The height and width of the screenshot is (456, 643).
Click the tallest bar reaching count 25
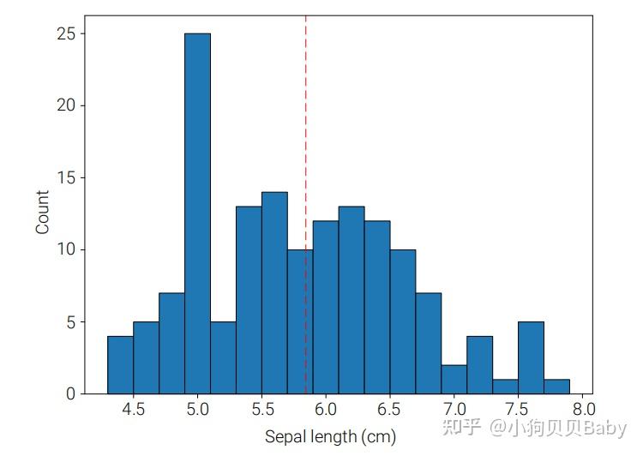click(x=197, y=214)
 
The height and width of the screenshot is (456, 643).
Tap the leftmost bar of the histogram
click(x=120, y=365)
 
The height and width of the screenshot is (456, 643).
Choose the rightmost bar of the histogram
click(x=557, y=387)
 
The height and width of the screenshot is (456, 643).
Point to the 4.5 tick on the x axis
click(x=133, y=411)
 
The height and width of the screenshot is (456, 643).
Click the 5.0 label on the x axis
click(x=197, y=411)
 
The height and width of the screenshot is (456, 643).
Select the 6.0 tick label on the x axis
click(x=326, y=411)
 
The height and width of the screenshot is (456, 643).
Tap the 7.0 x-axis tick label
click(x=454, y=411)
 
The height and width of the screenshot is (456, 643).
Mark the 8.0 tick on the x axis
click(x=583, y=411)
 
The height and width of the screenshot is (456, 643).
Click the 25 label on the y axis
click(x=66, y=34)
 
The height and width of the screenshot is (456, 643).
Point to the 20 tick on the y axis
click(x=66, y=106)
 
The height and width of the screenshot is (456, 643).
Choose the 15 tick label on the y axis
click(x=66, y=178)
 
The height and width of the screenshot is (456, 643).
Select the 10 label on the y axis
click(x=66, y=250)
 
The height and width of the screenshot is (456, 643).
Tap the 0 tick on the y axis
click(x=70, y=394)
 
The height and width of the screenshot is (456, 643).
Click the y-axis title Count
click(x=42, y=213)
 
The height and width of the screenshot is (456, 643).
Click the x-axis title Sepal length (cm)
click(x=330, y=437)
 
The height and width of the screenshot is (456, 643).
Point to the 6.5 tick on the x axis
click(x=390, y=411)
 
